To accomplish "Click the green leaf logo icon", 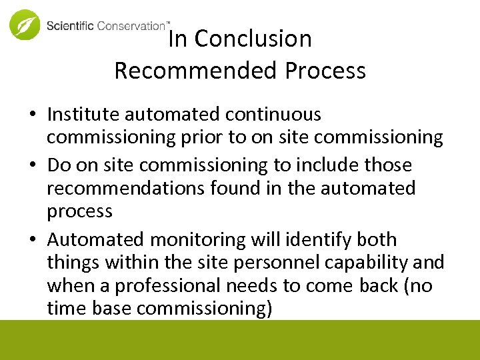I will [x=25, y=25].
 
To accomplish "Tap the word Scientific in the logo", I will [x=70, y=26].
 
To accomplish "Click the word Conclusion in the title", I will [x=253, y=39].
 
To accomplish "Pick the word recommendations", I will [x=125, y=188].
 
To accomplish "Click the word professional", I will [x=168, y=286].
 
